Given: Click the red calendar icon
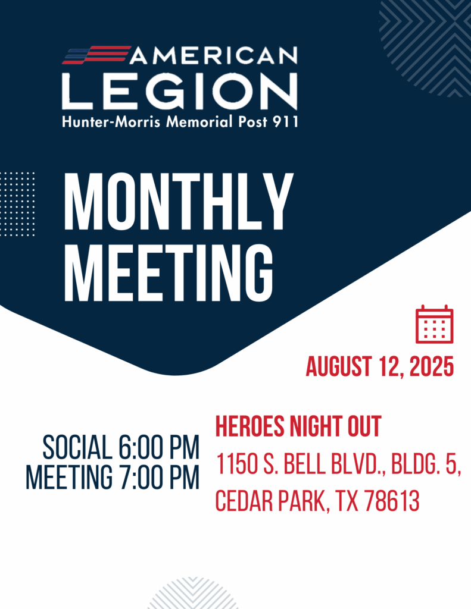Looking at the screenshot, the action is pos(435,324).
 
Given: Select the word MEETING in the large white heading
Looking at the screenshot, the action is pos(169,272).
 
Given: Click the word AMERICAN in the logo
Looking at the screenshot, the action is pos(214,55).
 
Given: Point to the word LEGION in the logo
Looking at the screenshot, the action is pos(180,91).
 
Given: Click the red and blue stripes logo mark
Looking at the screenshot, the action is pos(96,55).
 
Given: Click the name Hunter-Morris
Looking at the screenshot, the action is pos(111,122).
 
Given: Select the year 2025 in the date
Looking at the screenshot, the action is pos(432,366).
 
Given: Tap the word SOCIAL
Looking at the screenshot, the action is pos(77,447).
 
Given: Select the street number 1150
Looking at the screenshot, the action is pos(237,464).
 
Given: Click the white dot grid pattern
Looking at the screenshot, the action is pos(17,204).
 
